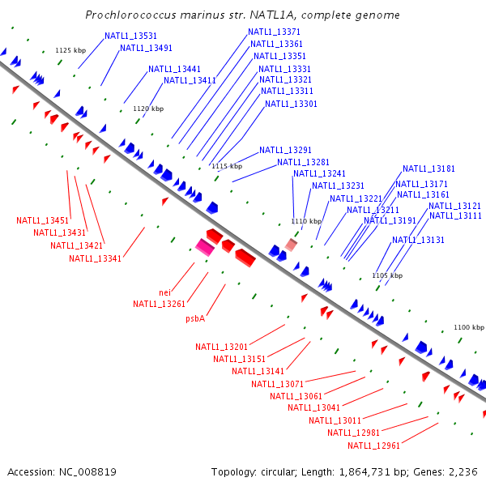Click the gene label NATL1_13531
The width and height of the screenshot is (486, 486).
tap(130, 36)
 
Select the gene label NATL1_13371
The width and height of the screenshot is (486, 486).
tap(274, 32)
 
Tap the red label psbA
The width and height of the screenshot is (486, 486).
tap(194, 318)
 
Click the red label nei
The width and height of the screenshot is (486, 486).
tap(164, 292)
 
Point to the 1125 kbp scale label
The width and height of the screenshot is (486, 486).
tap(70, 50)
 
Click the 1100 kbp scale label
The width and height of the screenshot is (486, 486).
tap(469, 327)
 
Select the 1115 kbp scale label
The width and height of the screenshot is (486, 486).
tap(228, 166)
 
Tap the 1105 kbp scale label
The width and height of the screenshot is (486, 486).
tap(387, 275)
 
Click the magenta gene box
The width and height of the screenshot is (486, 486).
tap(205, 248)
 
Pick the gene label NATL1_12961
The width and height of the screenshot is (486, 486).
tap(373, 446)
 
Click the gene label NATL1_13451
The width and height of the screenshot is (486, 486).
tap(42, 220)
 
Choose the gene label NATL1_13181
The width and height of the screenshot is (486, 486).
tap(428, 168)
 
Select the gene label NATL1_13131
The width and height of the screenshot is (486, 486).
tap(418, 240)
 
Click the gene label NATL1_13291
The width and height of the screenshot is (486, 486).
tap(285, 150)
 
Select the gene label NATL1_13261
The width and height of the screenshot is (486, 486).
tap(159, 304)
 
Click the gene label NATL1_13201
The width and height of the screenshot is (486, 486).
tap(221, 347)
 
